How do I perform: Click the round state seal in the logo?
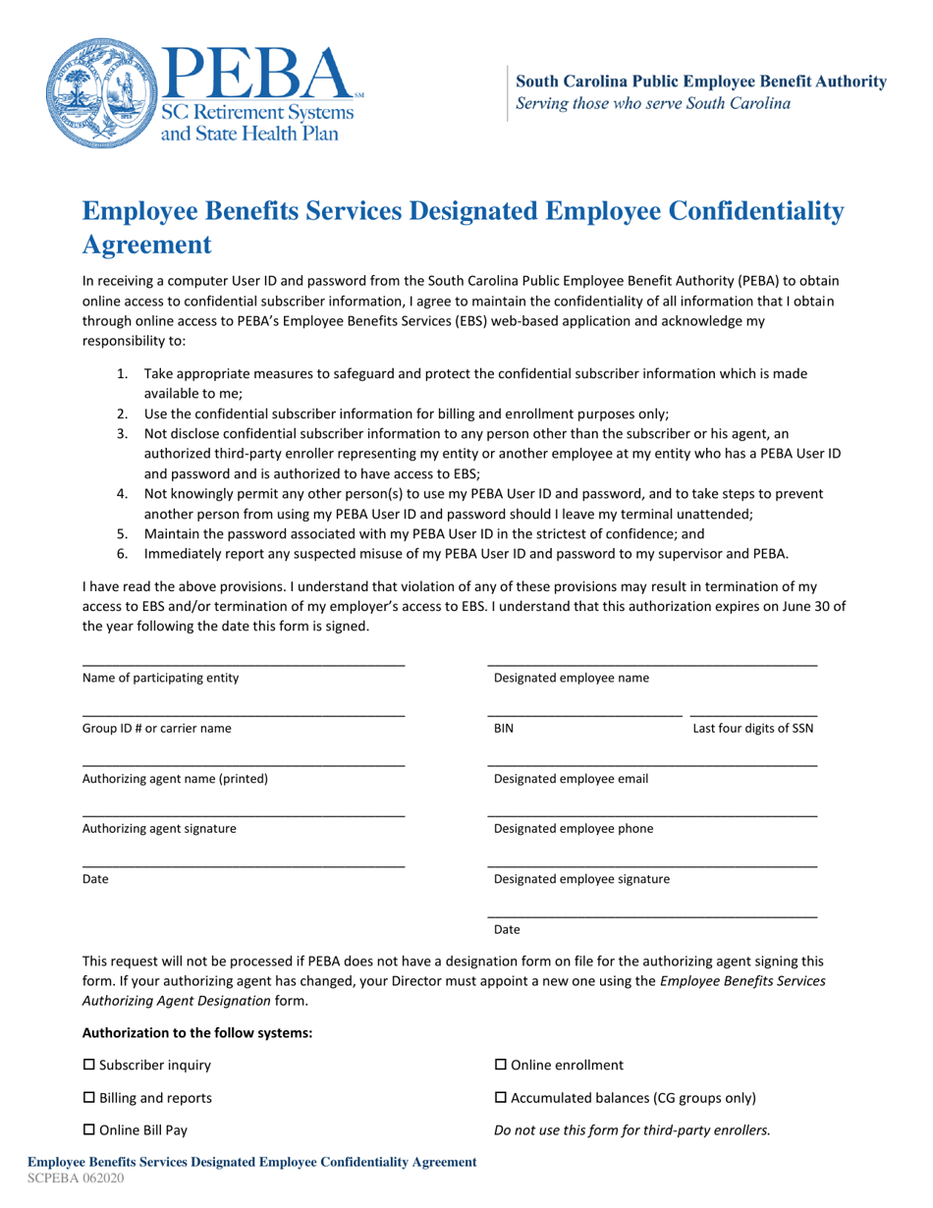click(95, 95)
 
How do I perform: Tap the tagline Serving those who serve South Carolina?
click(653, 103)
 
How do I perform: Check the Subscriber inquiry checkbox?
click(88, 1065)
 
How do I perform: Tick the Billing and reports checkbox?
click(88, 1097)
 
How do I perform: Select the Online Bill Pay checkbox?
click(88, 1129)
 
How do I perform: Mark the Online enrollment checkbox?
click(500, 1065)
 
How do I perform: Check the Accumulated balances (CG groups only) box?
click(500, 1097)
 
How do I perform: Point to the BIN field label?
click(504, 729)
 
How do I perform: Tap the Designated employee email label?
click(571, 779)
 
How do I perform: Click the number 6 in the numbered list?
click(122, 553)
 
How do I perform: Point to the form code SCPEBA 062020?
click(76, 1179)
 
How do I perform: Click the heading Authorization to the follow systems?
click(196, 1032)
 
